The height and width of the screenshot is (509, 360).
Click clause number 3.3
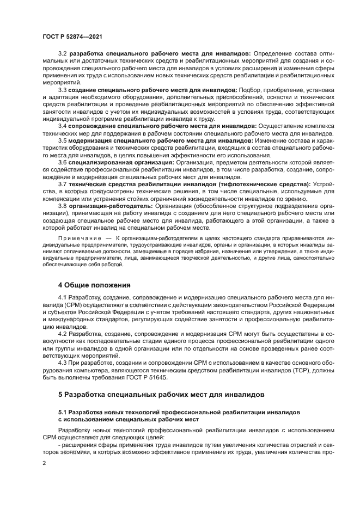click(63, 89)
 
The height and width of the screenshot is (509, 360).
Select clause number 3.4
click(63, 125)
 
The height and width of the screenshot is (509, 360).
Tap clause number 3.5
click(63, 140)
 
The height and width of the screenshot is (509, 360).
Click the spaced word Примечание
click(76, 239)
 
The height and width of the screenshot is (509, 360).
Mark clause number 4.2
click(63, 333)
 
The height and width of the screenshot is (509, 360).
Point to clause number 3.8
click(63, 206)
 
